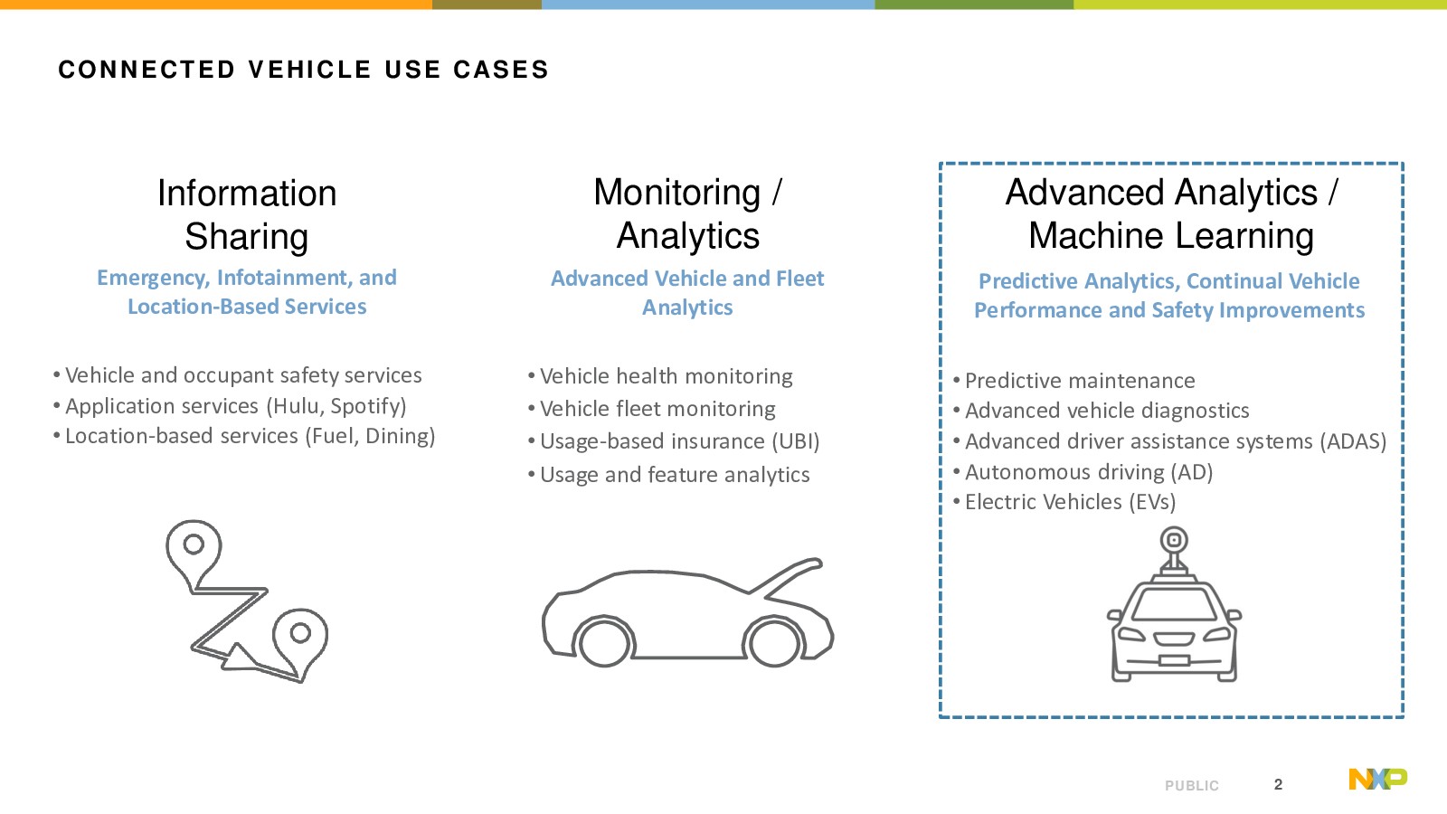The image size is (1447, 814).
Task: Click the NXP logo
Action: pos(1378,779)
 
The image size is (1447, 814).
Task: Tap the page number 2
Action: pos(1278,784)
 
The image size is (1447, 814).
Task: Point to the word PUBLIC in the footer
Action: pos(1192,786)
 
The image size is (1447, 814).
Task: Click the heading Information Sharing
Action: pos(247,214)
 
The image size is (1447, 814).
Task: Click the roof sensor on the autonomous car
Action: pos(1174,549)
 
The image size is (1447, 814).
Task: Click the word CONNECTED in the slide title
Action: pos(147,70)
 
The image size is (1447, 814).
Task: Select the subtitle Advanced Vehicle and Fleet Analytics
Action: pos(687,293)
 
